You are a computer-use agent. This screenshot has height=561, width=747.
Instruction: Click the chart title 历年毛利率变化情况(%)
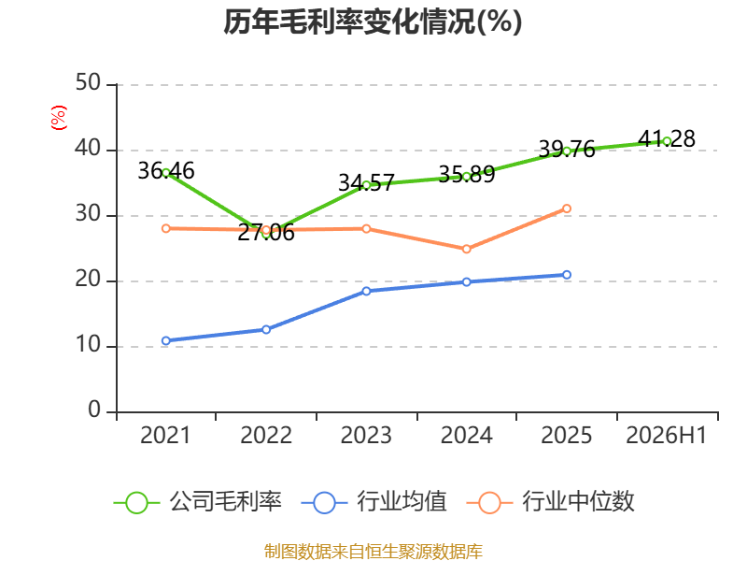[x=373, y=22]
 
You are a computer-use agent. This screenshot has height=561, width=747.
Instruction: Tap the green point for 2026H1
[x=667, y=141]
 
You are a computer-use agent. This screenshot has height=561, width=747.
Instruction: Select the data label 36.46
[x=166, y=171]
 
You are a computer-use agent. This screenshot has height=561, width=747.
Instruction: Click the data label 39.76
[x=567, y=150]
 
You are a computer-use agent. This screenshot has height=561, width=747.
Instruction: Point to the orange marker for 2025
[x=567, y=209]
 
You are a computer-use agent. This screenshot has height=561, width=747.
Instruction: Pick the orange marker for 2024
[x=466, y=249]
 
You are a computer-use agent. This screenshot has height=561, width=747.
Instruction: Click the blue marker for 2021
[x=166, y=340]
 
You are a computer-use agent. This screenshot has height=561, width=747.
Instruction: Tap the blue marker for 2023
[x=366, y=291]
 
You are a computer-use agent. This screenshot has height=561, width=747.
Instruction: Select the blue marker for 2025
[x=567, y=275]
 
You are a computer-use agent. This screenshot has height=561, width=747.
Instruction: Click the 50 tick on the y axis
[x=88, y=83]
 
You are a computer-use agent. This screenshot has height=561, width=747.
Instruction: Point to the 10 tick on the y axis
[x=88, y=345]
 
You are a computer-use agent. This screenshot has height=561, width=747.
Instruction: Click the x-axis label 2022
[x=266, y=435]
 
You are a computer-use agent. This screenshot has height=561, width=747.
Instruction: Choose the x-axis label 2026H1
[x=666, y=435]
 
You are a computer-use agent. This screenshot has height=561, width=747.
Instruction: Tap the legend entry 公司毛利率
[x=198, y=502]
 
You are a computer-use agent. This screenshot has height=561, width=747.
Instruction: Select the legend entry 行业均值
[x=374, y=502]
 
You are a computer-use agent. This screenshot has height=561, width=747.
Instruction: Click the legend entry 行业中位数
[x=551, y=502]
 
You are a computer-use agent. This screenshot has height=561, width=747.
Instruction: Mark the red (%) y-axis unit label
[x=59, y=118]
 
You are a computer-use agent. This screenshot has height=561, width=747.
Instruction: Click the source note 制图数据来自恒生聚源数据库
[x=373, y=551]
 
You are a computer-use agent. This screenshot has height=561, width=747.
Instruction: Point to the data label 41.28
[x=667, y=138]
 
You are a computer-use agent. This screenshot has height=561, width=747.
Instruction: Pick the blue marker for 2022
[x=266, y=330]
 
